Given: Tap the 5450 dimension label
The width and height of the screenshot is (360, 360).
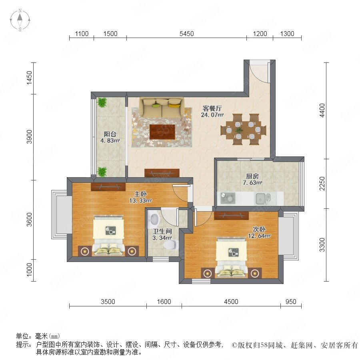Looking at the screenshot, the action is [186, 34].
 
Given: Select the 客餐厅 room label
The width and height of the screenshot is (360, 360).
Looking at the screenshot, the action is [212, 108].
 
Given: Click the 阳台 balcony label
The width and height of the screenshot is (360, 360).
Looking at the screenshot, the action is [110, 134].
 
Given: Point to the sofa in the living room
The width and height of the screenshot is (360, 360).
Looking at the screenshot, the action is [162, 108].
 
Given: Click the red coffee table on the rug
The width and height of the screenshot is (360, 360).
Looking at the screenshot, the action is [162, 132].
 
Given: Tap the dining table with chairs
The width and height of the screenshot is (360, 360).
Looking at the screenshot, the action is [243, 130].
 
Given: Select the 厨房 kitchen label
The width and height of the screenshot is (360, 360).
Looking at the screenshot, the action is [252, 176].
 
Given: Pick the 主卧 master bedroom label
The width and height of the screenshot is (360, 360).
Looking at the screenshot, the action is [140, 194].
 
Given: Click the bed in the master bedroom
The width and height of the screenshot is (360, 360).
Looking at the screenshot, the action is [108, 235].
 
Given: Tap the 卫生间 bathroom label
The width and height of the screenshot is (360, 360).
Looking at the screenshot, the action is [162, 231].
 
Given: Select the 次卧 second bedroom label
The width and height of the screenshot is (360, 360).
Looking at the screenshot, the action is [259, 229].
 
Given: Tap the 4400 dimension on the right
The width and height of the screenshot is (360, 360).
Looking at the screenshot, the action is [322, 110].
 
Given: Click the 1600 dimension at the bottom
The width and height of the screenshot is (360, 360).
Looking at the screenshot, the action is [164, 302].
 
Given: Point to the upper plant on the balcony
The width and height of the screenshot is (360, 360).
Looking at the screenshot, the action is [102, 102].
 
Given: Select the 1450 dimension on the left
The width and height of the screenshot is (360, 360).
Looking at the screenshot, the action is [29, 78].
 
